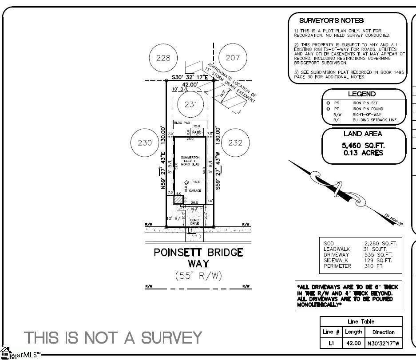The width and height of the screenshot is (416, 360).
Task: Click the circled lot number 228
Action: (163, 58)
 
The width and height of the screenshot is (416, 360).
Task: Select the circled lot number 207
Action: (233, 57)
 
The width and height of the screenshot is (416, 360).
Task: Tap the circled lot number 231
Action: (190, 105)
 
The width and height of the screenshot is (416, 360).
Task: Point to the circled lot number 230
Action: (145, 143)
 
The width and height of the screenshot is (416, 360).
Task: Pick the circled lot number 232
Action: (235, 143)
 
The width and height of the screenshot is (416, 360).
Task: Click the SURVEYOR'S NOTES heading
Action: (332, 21)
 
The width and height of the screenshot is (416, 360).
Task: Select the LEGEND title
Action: (362, 94)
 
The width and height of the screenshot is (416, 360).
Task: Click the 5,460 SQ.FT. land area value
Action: (363, 146)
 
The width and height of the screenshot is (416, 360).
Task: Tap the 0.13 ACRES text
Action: (363, 153)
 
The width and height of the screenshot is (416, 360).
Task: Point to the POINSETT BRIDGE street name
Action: (198, 253)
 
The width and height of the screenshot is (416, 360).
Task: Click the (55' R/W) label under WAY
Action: (198, 276)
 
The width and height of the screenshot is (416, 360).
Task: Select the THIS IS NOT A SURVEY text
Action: (113, 338)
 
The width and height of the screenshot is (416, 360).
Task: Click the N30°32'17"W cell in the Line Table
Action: (383, 344)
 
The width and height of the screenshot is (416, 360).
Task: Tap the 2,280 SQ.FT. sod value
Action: (380, 244)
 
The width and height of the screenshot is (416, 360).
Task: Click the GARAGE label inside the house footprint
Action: (195, 191)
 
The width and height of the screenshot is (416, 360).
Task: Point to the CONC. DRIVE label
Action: (194, 222)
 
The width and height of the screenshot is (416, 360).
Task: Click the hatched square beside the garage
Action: (178, 200)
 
